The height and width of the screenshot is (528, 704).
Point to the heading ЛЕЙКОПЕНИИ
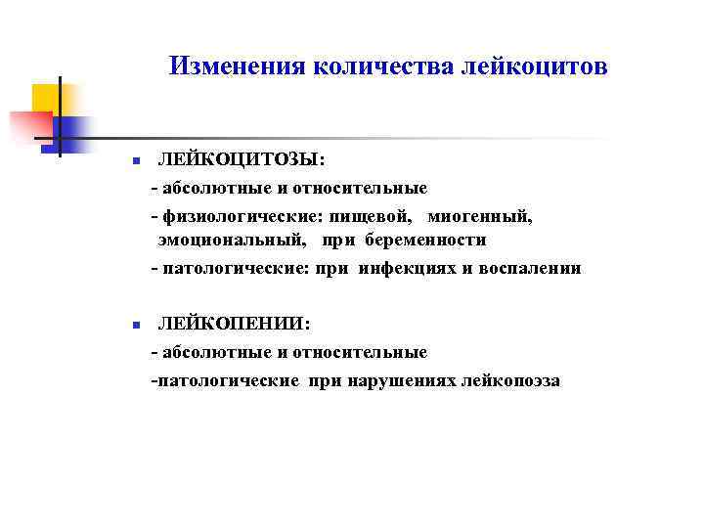(235, 324)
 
